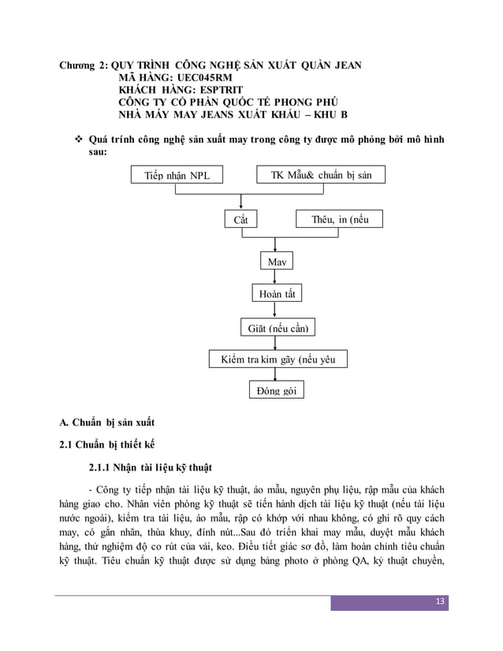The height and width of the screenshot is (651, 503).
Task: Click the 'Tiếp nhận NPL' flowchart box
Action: point(177,175)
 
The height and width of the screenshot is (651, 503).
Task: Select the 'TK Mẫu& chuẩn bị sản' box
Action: point(321,175)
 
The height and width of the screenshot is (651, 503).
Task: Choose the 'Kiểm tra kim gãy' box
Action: point(277,359)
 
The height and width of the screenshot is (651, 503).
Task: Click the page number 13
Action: point(441,603)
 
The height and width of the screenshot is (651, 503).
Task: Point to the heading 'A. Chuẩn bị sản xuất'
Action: point(101,423)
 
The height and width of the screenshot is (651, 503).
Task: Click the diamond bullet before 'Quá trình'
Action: point(79,139)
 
